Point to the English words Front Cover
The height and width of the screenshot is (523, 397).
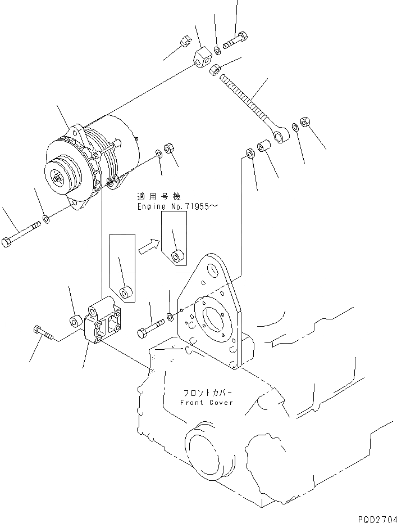(206, 403)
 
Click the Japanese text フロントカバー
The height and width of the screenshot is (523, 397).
(207, 393)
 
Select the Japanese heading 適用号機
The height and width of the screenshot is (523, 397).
(158, 197)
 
